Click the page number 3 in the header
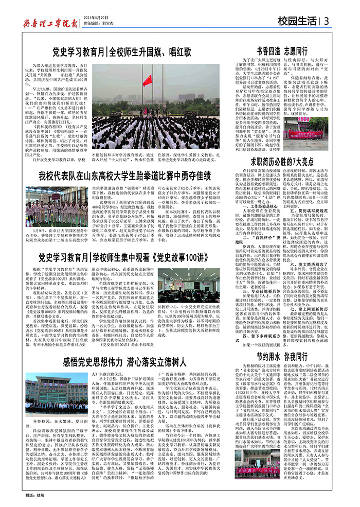click(x=327, y=21)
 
